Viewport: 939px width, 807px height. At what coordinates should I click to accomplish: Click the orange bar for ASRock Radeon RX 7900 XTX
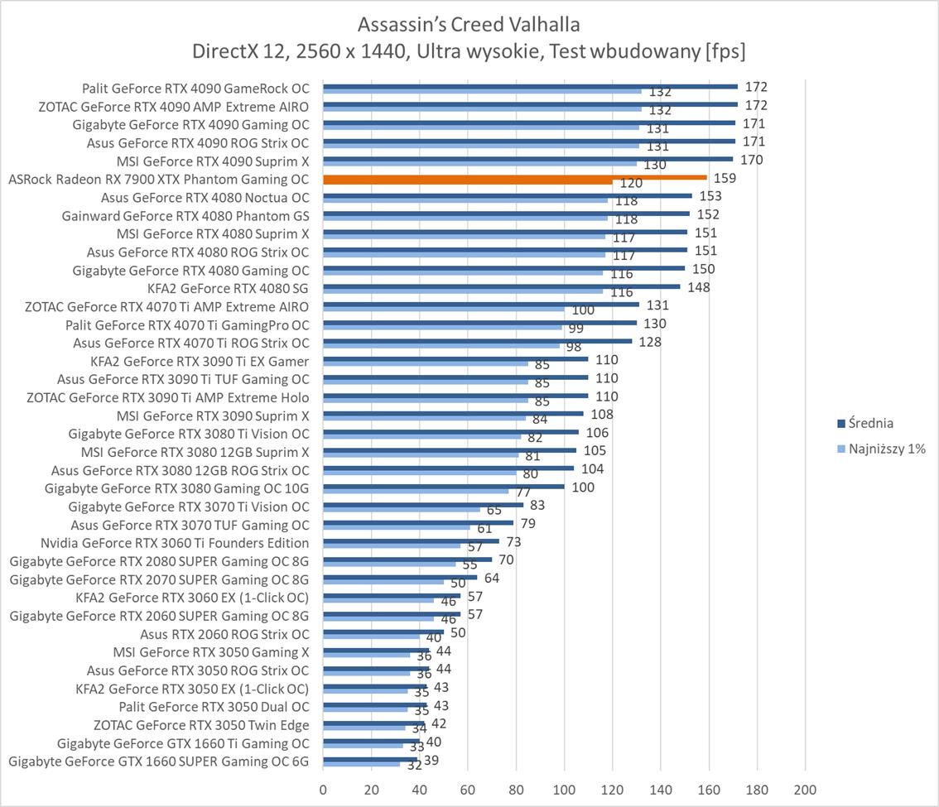tap(513, 177)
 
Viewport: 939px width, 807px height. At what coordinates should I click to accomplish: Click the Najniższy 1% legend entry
tap(881, 449)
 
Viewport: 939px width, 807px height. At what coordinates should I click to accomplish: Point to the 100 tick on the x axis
tap(565, 790)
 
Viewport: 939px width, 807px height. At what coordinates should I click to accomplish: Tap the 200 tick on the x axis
tap(806, 790)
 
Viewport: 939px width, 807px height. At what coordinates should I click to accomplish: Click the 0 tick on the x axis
tap(323, 790)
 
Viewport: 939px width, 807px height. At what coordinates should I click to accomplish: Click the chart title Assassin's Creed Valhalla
tap(469, 22)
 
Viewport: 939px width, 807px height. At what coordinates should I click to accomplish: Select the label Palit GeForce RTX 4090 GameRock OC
tap(195, 88)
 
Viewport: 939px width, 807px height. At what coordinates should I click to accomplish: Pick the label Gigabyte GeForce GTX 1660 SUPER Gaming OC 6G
tap(159, 761)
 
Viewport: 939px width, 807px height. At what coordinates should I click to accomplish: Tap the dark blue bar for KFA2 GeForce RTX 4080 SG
tap(501, 286)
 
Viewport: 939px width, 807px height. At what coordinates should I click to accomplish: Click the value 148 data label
tap(699, 287)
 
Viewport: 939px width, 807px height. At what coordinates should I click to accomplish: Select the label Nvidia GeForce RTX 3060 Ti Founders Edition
tap(175, 543)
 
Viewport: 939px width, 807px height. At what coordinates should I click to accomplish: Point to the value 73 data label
tap(513, 542)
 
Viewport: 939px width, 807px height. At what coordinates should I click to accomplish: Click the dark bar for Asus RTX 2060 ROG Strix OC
tap(383, 632)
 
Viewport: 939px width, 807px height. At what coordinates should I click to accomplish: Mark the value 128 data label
tap(650, 342)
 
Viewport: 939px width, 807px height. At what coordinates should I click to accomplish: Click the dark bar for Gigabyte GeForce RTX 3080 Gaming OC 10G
tap(444, 487)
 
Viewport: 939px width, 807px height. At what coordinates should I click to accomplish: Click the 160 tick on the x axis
tap(710, 790)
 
